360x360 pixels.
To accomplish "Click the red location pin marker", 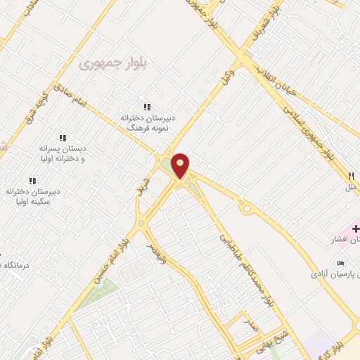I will [181, 166].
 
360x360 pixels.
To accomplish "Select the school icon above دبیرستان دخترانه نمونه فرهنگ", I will [147, 107].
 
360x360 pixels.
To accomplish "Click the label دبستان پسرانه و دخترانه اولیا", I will [63, 154].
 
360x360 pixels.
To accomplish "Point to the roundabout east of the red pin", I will [246, 209].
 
